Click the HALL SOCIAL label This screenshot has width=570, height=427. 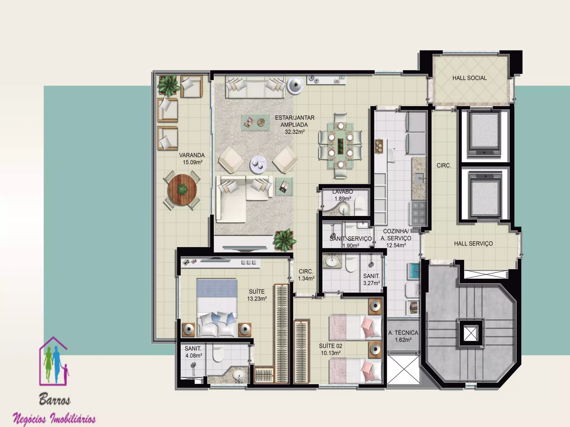pyautogui.click(x=470, y=78)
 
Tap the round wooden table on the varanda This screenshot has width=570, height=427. pyautogui.click(x=182, y=190)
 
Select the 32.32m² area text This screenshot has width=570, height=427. pyautogui.click(x=295, y=132)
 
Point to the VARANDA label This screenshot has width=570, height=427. pyautogui.click(x=192, y=155)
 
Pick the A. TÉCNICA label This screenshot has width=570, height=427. pyautogui.click(x=403, y=333)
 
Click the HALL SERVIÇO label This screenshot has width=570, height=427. pyautogui.click(x=473, y=244)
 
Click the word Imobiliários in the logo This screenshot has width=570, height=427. pyautogui.click(x=73, y=419)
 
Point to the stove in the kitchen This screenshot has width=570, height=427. pyautogui.click(x=417, y=213)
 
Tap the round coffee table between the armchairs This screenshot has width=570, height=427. pyautogui.click(x=258, y=164)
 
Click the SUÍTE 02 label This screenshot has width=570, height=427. pyautogui.click(x=331, y=346)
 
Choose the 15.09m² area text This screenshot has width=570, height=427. pyautogui.click(x=192, y=162)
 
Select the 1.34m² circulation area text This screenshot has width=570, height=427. pyautogui.click(x=306, y=279)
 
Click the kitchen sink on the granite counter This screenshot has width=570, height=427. pyautogui.click(x=419, y=178)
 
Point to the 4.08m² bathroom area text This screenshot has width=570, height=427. pyautogui.click(x=194, y=356)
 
